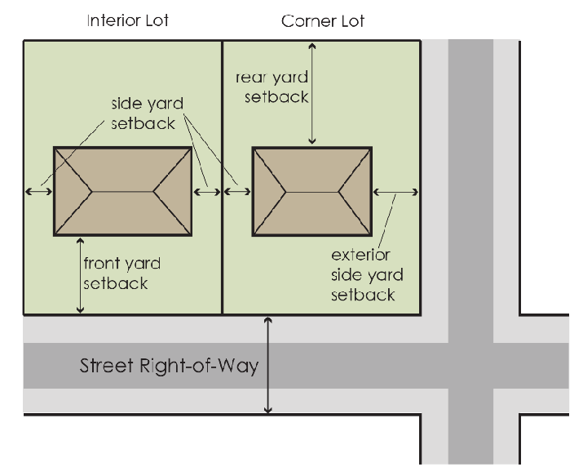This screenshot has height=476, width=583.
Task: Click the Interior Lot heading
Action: [x=127, y=20]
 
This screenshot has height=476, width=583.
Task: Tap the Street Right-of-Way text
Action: [x=169, y=365]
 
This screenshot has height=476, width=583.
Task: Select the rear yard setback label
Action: [x=272, y=87]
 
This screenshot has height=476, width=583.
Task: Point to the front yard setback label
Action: [x=121, y=274]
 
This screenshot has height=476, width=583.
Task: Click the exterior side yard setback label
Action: [x=367, y=275]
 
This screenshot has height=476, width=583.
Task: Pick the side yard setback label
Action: [x=147, y=114]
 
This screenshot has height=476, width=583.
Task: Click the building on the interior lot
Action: [x=122, y=191]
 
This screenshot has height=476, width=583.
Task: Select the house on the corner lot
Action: [x=311, y=191]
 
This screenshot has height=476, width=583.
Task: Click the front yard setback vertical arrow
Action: [x=80, y=275]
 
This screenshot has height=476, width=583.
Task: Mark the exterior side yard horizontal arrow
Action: [x=396, y=192]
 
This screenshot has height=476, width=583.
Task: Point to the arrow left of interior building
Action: [x=38, y=191]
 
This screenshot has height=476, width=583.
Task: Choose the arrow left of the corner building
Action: [x=237, y=191]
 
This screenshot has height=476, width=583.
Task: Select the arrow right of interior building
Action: [x=207, y=191]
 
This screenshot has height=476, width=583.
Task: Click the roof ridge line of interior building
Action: [x=122, y=191]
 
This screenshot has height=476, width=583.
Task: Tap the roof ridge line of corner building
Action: [x=311, y=191]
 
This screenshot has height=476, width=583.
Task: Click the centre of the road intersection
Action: [x=470, y=365]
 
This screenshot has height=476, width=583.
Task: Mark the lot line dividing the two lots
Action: [x=222, y=245]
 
